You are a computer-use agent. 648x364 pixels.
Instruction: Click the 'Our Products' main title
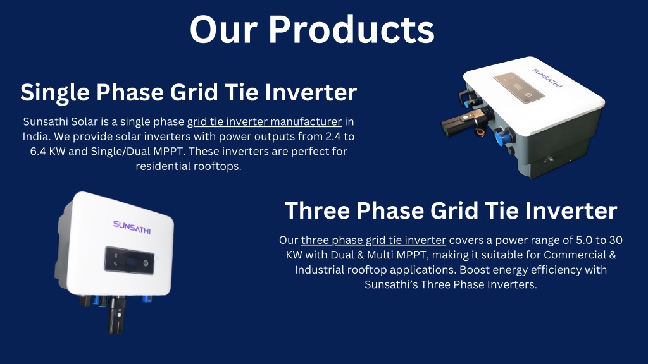[x=312, y=30]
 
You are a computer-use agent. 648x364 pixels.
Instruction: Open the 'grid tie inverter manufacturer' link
[x=265, y=122]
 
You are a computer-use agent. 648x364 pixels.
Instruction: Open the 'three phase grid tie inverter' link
[x=373, y=240]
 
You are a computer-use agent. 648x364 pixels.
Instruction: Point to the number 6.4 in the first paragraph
[x=37, y=151]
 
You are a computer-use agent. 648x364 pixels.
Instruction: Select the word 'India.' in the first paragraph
[x=36, y=136]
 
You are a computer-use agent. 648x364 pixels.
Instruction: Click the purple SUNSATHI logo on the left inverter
[x=132, y=227]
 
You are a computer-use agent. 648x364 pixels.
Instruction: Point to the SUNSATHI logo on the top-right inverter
[x=547, y=78]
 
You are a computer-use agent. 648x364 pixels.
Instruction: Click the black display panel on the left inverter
[x=129, y=260]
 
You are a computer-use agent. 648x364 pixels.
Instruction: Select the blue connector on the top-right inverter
[x=502, y=136]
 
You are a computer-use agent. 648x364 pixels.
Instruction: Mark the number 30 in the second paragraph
[x=616, y=240]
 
